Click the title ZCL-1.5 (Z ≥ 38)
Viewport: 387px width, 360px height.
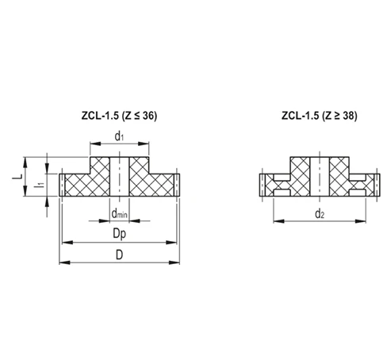pos(317,115)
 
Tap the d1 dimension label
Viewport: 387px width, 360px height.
pos(119,136)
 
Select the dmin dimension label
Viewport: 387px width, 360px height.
pos(119,213)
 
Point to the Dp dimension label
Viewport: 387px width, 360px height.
pos(119,234)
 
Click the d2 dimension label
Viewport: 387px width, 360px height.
pos(319,214)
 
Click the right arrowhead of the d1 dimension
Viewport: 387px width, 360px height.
pos(147,144)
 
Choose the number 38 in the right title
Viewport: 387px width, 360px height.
pos(347,115)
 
